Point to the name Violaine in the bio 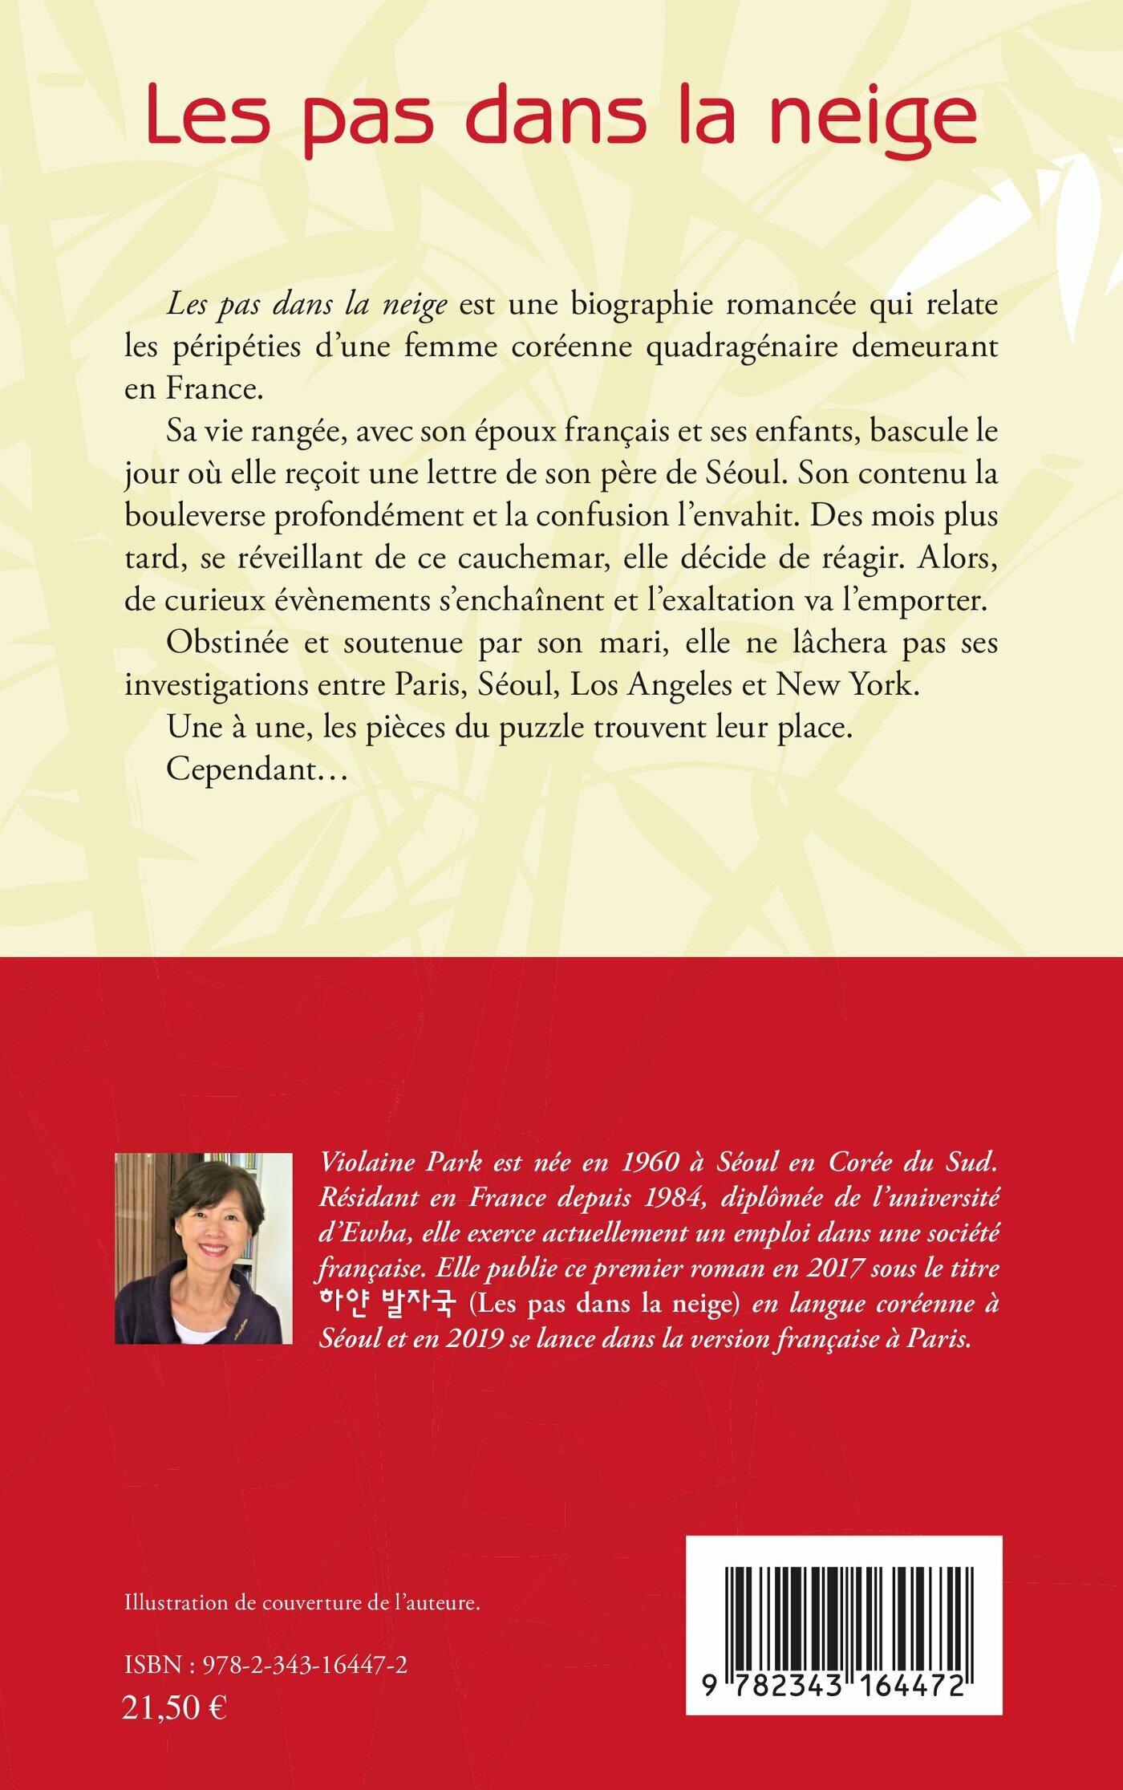tap(367, 1162)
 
